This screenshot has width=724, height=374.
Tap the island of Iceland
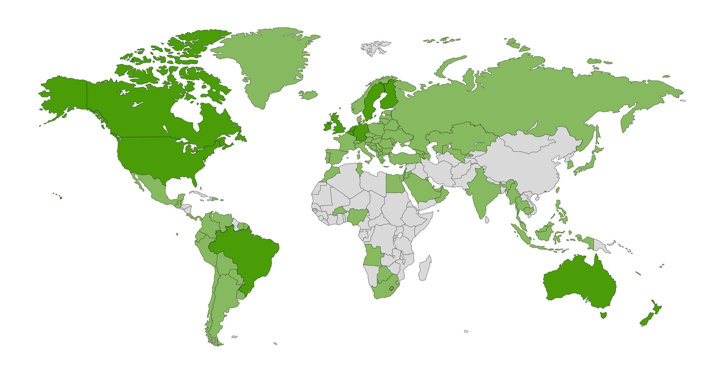click(x=308, y=95)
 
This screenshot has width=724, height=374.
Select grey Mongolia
click(x=528, y=143)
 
